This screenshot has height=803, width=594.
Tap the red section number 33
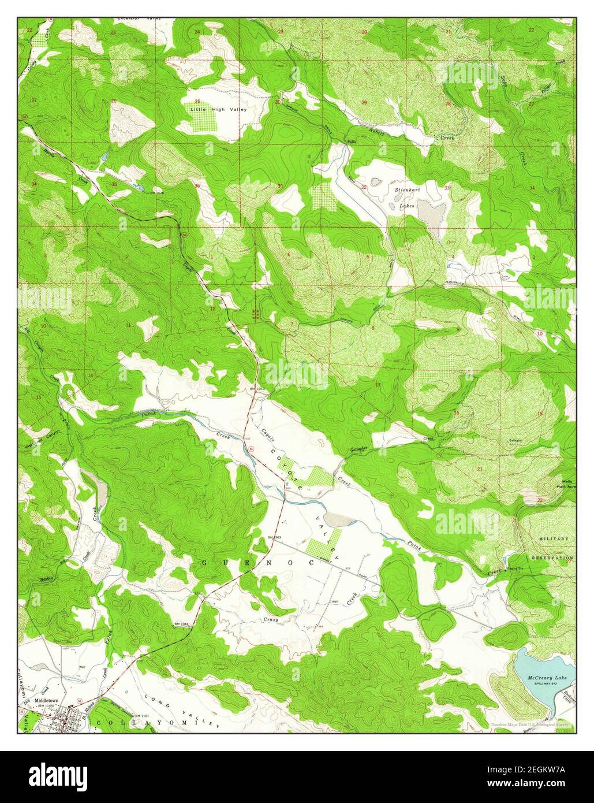click(x=447, y=188)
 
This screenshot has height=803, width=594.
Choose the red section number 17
click(x=378, y=385)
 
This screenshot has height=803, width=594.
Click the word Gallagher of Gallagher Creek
click(x=358, y=448)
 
